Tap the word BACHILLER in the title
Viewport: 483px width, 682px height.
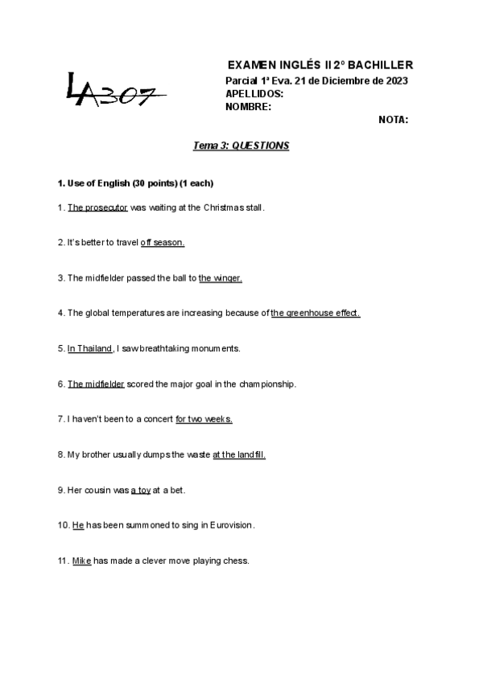coord(376,64)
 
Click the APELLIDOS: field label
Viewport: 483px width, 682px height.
coord(254,93)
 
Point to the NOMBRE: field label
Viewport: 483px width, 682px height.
coord(248,106)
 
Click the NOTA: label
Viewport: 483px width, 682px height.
coord(393,120)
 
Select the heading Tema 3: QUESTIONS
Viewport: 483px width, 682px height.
coord(241,146)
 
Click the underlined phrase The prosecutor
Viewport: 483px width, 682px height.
coord(97,207)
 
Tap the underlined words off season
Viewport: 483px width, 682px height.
coord(163,242)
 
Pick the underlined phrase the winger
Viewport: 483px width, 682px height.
coord(221,277)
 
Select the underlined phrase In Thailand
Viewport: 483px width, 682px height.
coord(89,348)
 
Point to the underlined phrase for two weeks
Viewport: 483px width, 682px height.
coord(204,419)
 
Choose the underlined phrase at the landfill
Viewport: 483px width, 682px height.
coord(239,454)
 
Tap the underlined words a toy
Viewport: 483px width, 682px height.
coord(141,490)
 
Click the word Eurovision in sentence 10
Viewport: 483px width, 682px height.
coord(230,525)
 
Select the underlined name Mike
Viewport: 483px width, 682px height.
coord(81,561)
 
